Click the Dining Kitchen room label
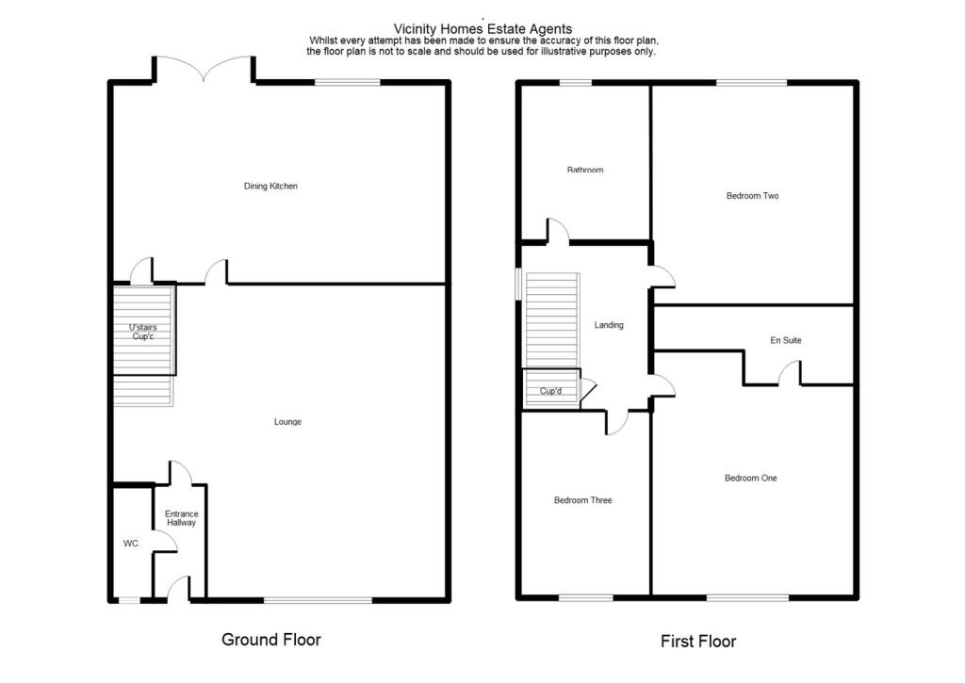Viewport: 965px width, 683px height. pos(270,187)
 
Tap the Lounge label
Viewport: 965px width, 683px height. pos(287,422)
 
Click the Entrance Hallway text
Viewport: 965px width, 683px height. pos(181,518)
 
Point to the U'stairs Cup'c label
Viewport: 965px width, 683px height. pos(144,332)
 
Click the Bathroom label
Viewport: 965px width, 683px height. pos(584,171)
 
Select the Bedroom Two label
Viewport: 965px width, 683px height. pos(752,196)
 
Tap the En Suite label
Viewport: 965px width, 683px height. pos(786,340)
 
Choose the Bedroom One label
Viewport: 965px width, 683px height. pos(750,479)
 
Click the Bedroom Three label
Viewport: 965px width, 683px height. pos(582,500)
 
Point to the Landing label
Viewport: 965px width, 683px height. pos(608,325)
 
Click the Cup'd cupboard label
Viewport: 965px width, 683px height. pos(550,391)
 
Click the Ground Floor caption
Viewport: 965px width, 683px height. pos(270,640)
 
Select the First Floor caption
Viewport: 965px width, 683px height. pos(697,642)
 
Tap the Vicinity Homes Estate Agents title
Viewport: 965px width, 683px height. pos(482,29)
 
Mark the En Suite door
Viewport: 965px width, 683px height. pos(790,375)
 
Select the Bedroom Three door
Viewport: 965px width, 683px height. pos(616,422)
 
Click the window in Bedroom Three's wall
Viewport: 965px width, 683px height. pos(585,597)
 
